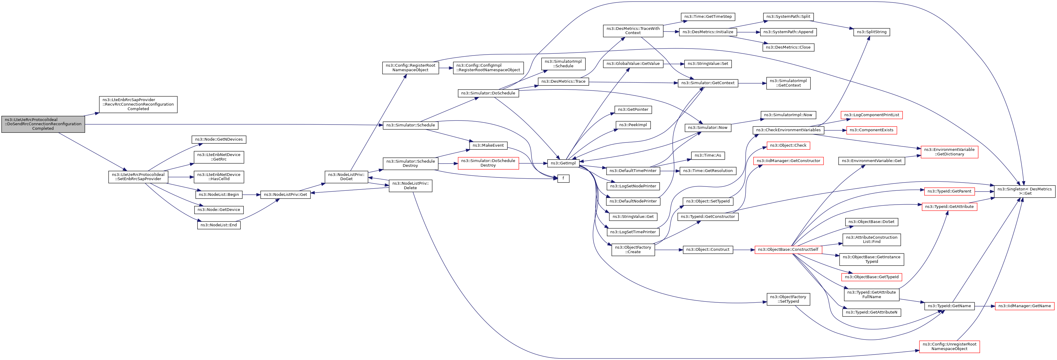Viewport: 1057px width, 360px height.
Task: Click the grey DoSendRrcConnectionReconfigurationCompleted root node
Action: (43, 124)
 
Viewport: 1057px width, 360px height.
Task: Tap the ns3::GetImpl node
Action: (563, 163)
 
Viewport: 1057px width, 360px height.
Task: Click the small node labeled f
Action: (563, 179)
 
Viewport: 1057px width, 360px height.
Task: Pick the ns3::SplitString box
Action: (871, 32)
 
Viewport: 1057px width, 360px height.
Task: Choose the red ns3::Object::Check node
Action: (788, 145)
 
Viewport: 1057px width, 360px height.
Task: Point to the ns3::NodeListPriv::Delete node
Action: (410, 186)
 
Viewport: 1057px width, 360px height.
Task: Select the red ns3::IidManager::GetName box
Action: (1025, 306)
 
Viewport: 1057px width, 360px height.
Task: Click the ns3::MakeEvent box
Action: (488, 145)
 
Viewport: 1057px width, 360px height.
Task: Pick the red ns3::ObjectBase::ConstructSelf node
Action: (788, 250)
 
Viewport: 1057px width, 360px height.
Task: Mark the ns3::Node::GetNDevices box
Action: (219, 140)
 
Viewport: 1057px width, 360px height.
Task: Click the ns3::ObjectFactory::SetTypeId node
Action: (788, 299)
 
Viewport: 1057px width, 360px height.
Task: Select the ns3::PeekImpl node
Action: (633, 125)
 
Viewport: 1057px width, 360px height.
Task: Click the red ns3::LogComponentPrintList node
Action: (871, 115)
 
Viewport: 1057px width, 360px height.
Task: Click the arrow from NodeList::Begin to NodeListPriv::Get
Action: (251, 195)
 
